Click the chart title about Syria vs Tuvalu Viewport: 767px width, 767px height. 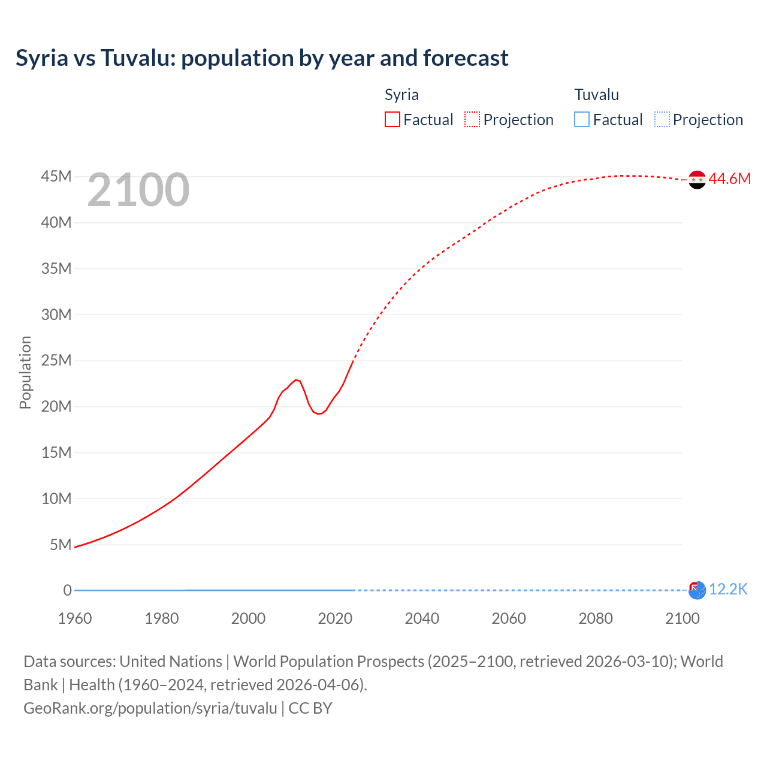tap(262, 58)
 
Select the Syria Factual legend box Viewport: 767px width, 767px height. tap(392, 119)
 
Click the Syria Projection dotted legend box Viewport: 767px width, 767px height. tap(472, 119)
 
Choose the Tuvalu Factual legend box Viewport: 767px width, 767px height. tap(581, 119)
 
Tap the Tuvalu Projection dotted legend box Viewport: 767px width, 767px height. tap(662, 119)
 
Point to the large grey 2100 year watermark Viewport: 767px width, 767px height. tap(138, 190)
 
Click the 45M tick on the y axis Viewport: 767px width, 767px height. tap(56, 176)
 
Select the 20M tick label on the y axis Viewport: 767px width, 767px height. tap(56, 406)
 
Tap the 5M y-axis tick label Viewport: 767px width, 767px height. tap(61, 545)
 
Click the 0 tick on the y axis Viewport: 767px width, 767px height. tap(67, 590)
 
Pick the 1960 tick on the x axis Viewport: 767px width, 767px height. tap(75, 618)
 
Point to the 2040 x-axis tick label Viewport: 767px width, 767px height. tap(422, 618)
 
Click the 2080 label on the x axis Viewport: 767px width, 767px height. tap(596, 618)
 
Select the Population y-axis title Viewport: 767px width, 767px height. tap(25, 372)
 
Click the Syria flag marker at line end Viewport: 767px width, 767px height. tap(697, 179)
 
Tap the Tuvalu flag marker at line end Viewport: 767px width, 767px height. tap(697, 590)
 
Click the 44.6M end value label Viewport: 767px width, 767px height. tap(729, 179)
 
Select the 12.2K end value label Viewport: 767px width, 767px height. tap(728, 590)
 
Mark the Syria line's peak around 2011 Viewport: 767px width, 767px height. tap(296, 380)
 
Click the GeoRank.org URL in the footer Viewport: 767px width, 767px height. tap(150, 708)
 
